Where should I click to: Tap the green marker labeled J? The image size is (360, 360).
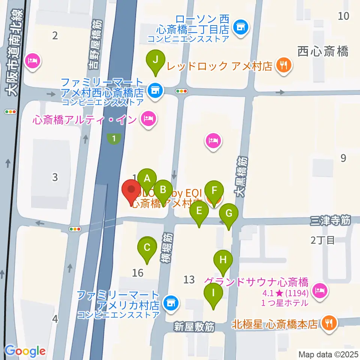click(x=157, y=60)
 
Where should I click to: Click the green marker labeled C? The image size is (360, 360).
click(x=147, y=248)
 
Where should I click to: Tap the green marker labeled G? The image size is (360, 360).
click(x=228, y=214)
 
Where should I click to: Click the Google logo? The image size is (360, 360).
click(x=25, y=351)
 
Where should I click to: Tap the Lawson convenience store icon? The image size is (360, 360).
click(x=240, y=27)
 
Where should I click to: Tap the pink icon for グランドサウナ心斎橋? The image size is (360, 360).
click(x=321, y=289)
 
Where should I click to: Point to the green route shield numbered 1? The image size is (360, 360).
click(x=114, y=139)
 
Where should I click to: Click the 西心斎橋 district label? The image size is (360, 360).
click(x=323, y=51)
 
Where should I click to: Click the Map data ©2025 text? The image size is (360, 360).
click(x=329, y=354)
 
